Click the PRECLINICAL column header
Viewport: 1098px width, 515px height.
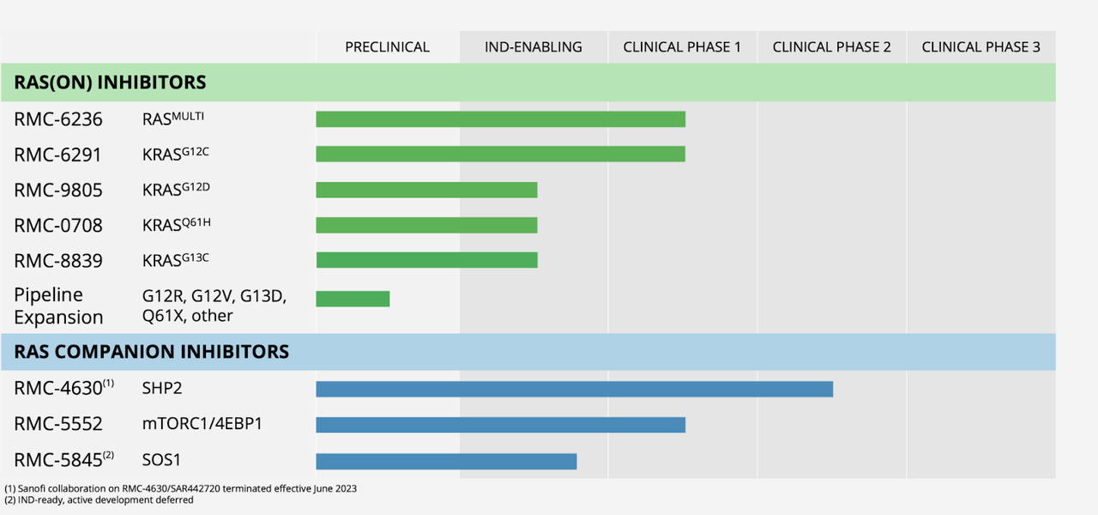[x=387, y=47]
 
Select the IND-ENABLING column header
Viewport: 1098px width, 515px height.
[x=533, y=47]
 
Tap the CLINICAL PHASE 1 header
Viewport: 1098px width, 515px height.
[x=682, y=47]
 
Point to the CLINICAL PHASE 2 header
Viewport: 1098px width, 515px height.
[x=831, y=47]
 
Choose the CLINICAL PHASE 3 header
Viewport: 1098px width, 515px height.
[x=980, y=47]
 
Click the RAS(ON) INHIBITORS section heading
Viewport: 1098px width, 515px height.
[x=110, y=82]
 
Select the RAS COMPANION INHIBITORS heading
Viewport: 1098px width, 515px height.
[x=151, y=352]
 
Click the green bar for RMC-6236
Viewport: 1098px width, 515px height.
[x=500, y=119]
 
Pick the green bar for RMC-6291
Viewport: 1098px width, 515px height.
[x=500, y=154]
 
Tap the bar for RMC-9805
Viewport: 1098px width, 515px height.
[x=426, y=190]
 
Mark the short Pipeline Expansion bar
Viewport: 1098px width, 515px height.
[x=353, y=299]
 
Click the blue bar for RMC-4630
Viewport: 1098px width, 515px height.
[x=574, y=389]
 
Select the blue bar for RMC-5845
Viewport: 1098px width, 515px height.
[x=446, y=462]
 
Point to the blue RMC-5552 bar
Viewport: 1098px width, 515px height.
[x=500, y=425]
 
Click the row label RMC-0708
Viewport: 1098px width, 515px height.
[x=58, y=226]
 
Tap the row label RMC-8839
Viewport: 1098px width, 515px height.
[x=58, y=261]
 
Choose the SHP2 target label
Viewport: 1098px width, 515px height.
[x=162, y=389]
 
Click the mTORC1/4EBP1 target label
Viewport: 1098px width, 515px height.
[x=202, y=425]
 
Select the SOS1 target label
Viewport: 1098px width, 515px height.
[x=162, y=461]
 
